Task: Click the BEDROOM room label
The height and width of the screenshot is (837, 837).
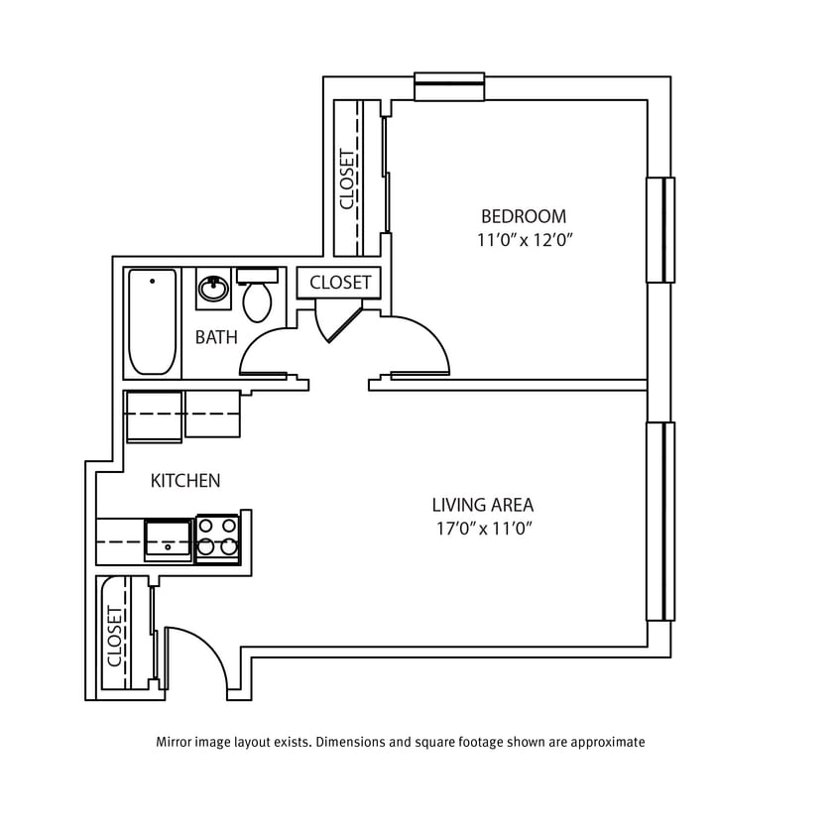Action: click(x=524, y=216)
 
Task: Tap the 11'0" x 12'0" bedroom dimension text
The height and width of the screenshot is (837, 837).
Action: click(x=526, y=240)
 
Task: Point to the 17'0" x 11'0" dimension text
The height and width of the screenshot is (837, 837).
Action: click(x=485, y=529)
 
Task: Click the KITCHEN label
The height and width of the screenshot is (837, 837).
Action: click(x=185, y=481)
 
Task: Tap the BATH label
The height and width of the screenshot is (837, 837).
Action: click(x=216, y=337)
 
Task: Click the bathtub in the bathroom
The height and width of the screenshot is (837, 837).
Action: click(x=153, y=321)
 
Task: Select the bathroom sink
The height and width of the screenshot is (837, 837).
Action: click(x=213, y=290)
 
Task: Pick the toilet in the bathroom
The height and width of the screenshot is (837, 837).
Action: click(x=258, y=298)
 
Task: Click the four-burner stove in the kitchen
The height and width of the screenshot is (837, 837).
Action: click(x=218, y=538)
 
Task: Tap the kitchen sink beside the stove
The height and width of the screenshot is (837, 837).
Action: click(x=168, y=538)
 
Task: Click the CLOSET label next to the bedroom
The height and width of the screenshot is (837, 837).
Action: click(x=347, y=179)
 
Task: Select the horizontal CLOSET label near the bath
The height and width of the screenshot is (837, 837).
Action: click(x=340, y=283)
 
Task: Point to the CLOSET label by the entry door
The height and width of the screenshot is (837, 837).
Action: click(x=114, y=636)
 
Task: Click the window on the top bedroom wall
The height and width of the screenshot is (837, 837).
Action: click(x=449, y=87)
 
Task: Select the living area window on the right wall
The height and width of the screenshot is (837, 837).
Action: click(x=660, y=521)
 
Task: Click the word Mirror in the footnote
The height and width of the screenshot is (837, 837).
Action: click(x=176, y=742)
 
